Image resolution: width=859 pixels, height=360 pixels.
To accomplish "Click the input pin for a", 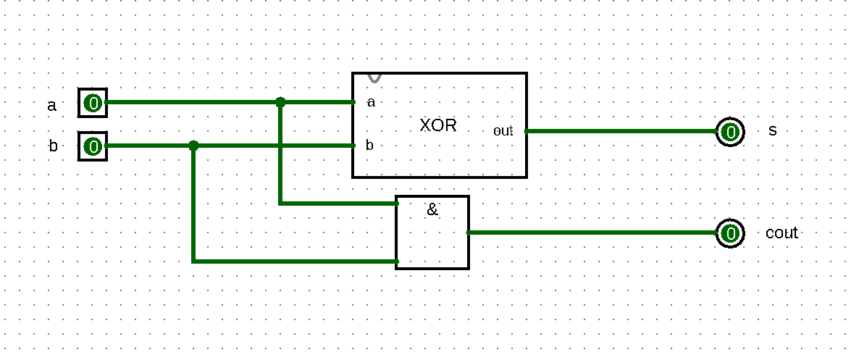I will tap(93, 103).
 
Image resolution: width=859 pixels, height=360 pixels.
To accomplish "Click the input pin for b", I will tap(93, 147).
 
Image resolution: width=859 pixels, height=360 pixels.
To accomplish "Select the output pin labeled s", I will tap(731, 132).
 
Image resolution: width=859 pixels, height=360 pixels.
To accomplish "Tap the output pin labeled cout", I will tap(731, 233).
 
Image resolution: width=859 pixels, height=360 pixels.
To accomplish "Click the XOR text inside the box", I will tap(438, 125).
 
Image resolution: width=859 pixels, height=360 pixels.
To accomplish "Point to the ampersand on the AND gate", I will tap(432, 210).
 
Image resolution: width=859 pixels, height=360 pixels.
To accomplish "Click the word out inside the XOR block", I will tap(503, 131).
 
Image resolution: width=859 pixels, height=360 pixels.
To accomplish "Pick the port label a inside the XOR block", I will tap(372, 102).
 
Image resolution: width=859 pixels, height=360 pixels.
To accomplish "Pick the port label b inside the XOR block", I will tap(369, 146).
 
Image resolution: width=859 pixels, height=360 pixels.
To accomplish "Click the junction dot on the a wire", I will tap(281, 103).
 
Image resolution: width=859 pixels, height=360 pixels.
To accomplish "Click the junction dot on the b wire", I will tap(193, 146).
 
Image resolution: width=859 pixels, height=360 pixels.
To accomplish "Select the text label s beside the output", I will tap(773, 131).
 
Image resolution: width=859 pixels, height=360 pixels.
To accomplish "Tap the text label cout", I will tap(782, 233).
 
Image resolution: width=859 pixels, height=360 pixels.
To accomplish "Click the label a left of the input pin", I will tap(51, 106).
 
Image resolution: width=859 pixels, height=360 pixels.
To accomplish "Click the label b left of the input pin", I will tap(53, 146).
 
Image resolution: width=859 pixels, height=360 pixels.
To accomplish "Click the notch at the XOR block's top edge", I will tap(375, 77).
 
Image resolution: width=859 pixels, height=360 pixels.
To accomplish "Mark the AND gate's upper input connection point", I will tap(397, 204).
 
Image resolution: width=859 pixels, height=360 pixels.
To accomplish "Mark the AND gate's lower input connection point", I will tap(397, 261).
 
